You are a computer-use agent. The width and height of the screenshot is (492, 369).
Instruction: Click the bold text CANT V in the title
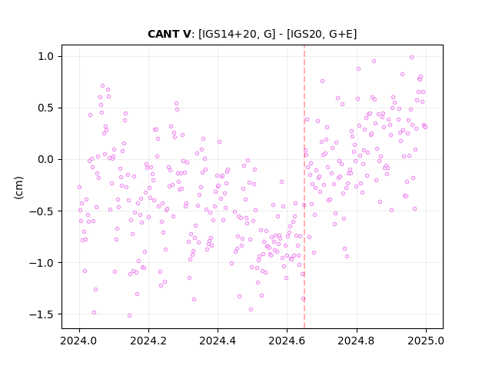(x=169, y=34)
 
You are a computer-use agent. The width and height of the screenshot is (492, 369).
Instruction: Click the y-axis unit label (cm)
(x=18, y=188)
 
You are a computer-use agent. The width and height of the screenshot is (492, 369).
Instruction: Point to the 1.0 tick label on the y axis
(x=46, y=56)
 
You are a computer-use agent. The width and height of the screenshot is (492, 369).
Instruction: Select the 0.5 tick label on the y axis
(x=46, y=108)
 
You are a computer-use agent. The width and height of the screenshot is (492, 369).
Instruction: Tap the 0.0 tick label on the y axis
(x=46, y=159)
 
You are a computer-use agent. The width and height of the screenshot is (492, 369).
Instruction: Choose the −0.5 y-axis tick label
(x=42, y=211)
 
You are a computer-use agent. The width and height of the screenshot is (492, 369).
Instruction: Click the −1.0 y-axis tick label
(x=42, y=263)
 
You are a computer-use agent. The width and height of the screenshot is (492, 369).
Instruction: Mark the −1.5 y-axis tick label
(x=42, y=314)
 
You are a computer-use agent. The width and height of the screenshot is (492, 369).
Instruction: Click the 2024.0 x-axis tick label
(x=79, y=341)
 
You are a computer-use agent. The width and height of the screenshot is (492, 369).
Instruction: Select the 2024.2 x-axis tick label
(x=148, y=341)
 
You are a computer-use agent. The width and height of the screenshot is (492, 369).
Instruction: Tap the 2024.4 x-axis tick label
(x=218, y=341)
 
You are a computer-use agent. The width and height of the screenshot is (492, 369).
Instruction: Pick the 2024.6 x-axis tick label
(x=287, y=341)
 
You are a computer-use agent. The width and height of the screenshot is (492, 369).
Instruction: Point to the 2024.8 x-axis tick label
(x=357, y=341)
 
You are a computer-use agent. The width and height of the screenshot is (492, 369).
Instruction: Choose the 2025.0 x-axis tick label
(x=426, y=341)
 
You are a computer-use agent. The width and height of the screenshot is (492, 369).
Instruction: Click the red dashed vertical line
(x=304, y=187)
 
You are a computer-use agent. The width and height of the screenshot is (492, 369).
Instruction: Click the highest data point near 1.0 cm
(x=412, y=57)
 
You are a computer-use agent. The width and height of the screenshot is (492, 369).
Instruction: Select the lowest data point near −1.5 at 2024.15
(x=129, y=315)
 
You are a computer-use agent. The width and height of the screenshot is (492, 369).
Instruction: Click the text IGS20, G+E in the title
(x=321, y=34)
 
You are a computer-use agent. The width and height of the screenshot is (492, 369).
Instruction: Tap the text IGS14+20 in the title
(x=228, y=34)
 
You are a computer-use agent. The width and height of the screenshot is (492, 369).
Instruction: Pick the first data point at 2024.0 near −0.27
(x=79, y=187)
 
